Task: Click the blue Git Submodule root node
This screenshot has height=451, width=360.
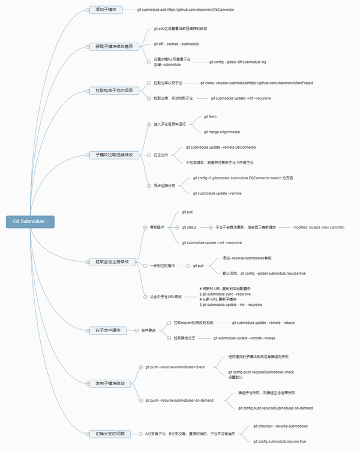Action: click(30, 222)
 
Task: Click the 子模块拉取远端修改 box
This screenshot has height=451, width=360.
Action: click(114, 155)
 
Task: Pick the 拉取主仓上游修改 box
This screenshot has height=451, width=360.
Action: click(112, 261)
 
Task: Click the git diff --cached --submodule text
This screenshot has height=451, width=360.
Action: click(176, 44)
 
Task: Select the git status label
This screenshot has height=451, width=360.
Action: click(190, 227)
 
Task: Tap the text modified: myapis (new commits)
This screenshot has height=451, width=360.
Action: click(319, 227)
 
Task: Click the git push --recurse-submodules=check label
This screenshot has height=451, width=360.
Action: click(175, 366)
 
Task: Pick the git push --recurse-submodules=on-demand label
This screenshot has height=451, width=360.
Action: click(179, 400)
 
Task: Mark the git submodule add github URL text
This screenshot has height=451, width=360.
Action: click(185, 10)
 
